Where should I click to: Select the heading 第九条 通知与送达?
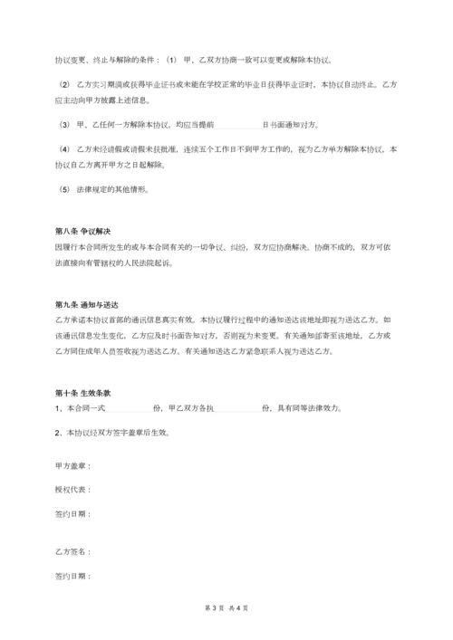tap(88, 305)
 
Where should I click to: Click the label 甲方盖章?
tap(72, 466)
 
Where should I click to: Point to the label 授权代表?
tap(72, 490)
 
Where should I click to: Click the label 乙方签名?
tap(72, 551)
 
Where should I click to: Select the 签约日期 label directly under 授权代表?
tap(72, 514)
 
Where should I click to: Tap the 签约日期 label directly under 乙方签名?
tap(72, 576)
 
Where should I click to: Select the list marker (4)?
tap(63, 148)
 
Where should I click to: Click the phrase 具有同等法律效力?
tap(308, 408)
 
